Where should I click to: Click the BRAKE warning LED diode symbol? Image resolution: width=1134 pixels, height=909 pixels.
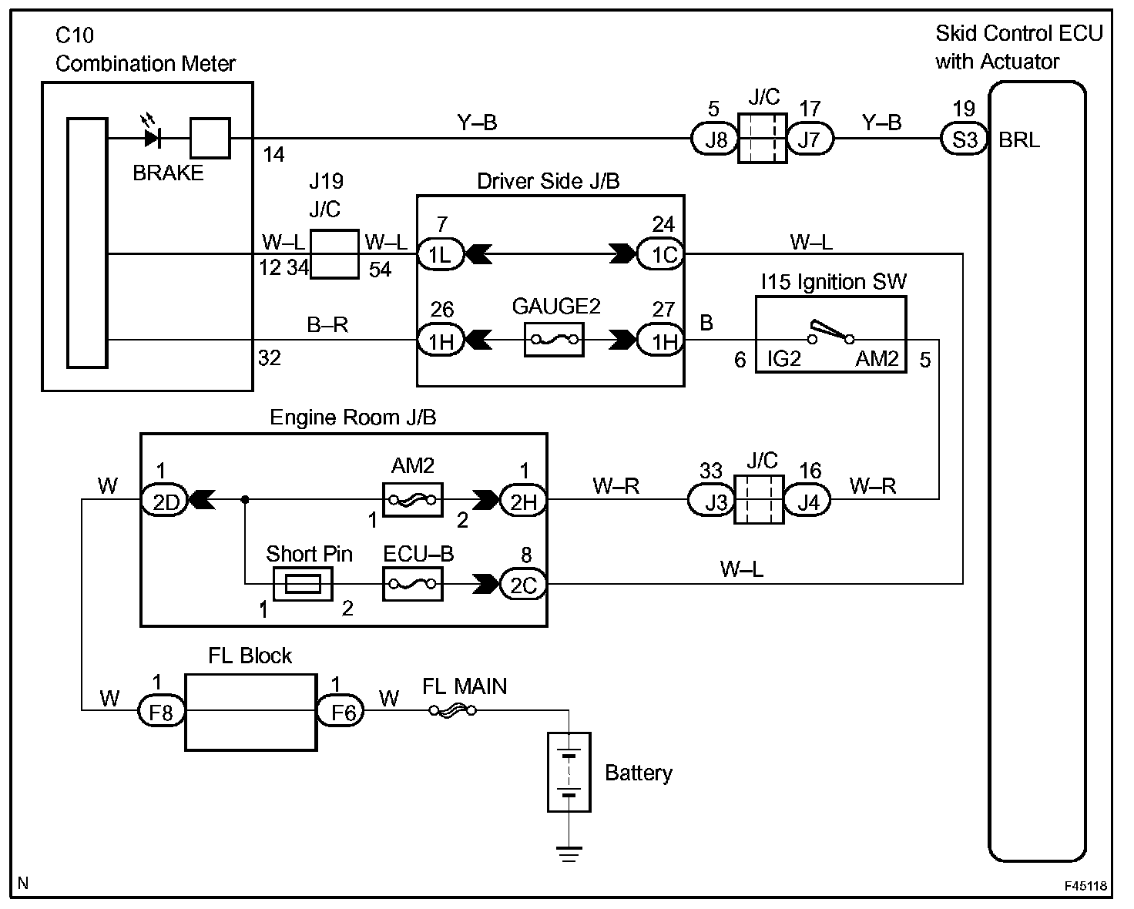coord(153,139)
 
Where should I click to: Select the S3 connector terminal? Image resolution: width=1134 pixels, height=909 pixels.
coord(965,139)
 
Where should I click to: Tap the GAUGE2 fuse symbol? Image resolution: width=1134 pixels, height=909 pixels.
coord(553,339)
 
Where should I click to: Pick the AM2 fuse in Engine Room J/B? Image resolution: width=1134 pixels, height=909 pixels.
coord(412,500)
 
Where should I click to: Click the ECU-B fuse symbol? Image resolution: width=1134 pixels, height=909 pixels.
coord(412,585)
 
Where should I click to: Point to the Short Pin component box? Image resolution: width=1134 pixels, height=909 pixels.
coord(303,585)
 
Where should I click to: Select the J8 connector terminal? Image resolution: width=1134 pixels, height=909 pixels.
coord(716,139)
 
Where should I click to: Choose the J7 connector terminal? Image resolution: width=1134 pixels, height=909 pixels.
coord(810,139)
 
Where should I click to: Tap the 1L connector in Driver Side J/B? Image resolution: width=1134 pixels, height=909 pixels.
coord(440,253)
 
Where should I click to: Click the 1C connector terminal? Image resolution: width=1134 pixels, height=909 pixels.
coord(661,253)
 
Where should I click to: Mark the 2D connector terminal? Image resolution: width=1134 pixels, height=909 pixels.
coord(164,501)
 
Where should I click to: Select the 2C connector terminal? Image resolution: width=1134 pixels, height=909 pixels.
coord(523,585)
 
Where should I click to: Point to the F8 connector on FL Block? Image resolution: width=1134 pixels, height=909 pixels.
coord(161,711)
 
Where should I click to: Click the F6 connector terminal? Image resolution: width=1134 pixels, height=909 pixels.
coord(341,711)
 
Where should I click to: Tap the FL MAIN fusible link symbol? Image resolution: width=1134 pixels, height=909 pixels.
coord(453,711)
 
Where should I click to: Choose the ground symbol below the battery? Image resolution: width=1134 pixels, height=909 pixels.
coord(569,853)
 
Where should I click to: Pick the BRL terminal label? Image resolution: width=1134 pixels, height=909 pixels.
coord(1018,140)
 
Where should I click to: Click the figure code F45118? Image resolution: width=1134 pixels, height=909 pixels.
coord(1086,886)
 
